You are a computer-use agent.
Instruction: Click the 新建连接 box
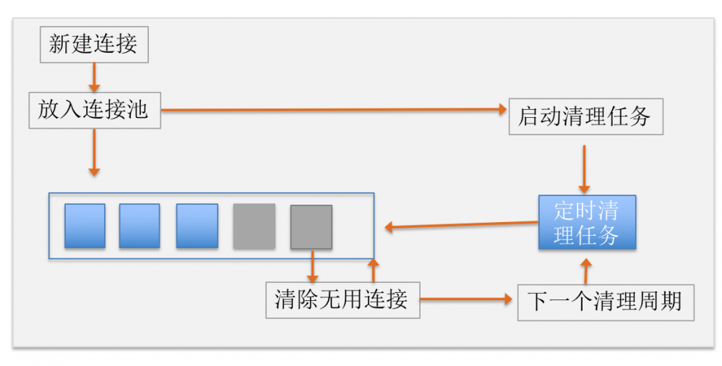tap(93, 45)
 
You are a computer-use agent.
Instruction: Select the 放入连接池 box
tap(94, 110)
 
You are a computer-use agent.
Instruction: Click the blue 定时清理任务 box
tap(587, 223)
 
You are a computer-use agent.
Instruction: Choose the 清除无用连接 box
tap(342, 299)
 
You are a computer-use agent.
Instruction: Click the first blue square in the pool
tap(85, 226)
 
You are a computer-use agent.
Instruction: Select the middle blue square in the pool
tap(139, 226)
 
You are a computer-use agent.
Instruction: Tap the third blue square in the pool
tap(197, 226)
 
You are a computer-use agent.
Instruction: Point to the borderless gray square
tap(254, 226)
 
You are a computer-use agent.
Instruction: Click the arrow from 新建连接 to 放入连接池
tap(93, 76)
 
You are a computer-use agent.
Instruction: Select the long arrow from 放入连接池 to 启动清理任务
tap(332, 110)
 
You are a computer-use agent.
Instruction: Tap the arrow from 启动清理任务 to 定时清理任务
tap(586, 168)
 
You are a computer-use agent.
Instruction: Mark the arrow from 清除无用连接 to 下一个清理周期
tap(467, 299)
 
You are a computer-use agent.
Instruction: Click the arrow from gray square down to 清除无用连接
tap(312, 266)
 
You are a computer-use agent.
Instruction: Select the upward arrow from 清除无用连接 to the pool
tap(373, 270)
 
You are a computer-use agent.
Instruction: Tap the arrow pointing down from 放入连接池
tap(94, 152)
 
